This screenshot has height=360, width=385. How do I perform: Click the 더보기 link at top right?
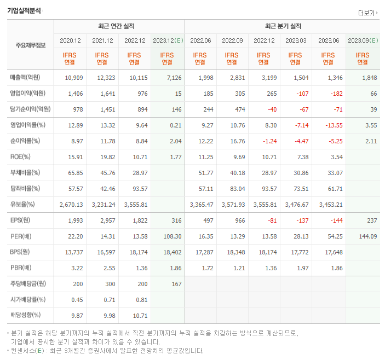pyautogui.click(x=367, y=13)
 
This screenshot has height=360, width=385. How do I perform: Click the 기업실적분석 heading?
pyautogui.click(x=24, y=10)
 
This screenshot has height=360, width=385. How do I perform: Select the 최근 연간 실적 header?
pyautogui.click(x=119, y=26)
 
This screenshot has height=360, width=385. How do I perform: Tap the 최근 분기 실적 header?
pyautogui.click(x=283, y=26)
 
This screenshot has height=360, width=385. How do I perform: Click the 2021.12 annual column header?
pyautogui.click(x=102, y=40)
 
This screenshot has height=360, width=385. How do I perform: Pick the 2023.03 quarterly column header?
pyautogui.click(x=296, y=40)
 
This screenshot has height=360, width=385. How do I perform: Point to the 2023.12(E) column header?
pyautogui.click(x=168, y=40)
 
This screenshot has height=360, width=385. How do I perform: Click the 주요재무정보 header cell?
pyautogui.click(x=30, y=45)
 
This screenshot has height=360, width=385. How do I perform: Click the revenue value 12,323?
pyautogui.click(x=106, y=78)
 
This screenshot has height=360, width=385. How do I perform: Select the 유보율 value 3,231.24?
pyautogui.click(x=102, y=205)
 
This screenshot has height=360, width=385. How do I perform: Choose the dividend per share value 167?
pyautogui.click(x=175, y=284)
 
